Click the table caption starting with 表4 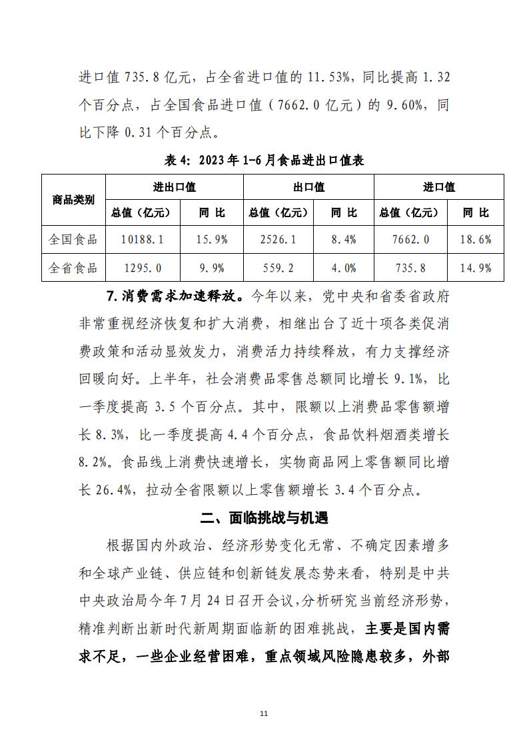point(264,161)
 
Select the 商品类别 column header point(73,200)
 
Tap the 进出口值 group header point(175,187)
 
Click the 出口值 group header point(308,187)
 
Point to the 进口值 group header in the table point(438,187)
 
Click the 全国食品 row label point(73,239)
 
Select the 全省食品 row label point(73,268)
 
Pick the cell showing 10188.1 point(143,239)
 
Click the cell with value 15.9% point(212,239)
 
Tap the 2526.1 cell point(276,239)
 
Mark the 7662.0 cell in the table point(407,239)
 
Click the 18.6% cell point(476,239)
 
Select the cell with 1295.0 point(143,268)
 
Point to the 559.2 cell point(276,268)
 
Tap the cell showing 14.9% point(476,268)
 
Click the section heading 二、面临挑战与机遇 point(264,518)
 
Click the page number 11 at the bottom point(264,713)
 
